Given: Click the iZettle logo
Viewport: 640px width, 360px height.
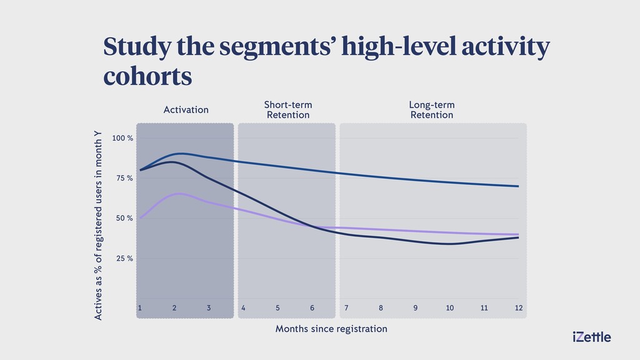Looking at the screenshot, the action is [592, 337].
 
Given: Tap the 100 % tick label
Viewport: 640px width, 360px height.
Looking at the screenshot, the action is [122, 138].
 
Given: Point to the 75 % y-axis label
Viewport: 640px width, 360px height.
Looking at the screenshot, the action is [124, 178].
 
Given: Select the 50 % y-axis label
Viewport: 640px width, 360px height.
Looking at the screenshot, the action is [124, 218].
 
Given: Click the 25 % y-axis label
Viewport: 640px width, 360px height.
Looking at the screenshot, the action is [124, 258].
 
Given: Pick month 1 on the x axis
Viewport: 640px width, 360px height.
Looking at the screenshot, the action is [139, 307].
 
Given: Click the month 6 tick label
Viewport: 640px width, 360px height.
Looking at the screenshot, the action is [312, 307].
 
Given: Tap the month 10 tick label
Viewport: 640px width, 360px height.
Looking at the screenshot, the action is [450, 307].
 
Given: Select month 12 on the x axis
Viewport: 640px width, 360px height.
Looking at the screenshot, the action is [518, 307].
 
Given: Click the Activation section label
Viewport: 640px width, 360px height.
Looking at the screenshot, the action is [186, 110].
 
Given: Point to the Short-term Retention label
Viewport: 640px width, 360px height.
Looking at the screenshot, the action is [288, 110].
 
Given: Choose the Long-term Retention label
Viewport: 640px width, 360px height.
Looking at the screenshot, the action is [432, 110].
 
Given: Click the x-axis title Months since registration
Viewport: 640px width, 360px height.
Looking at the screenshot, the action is [331, 329].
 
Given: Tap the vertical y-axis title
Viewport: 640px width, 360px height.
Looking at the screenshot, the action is [98, 225].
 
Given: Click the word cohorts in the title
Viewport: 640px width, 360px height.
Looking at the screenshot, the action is [147, 76].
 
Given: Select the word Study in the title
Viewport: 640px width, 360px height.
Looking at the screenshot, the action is [137, 46].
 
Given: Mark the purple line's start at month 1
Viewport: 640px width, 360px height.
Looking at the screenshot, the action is [140, 218].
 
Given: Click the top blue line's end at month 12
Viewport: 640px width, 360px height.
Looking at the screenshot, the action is [518, 186].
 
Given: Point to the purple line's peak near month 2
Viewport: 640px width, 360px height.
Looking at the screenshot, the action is [179, 194].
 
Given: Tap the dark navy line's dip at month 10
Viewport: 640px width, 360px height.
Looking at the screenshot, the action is [449, 244].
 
